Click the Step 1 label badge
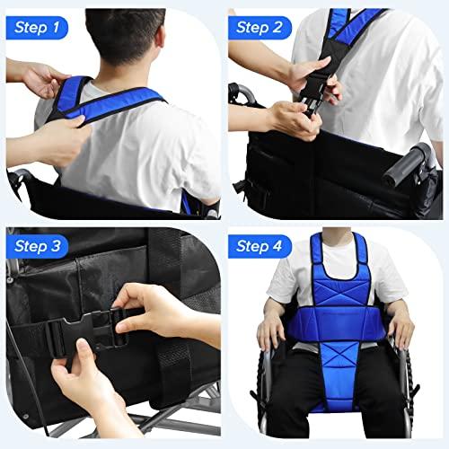click(x=37, y=28)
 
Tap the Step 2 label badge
click(x=260, y=28)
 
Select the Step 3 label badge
click(x=37, y=246)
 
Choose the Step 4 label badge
click(x=260, y=246)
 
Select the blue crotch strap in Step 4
click(x=339, y=377)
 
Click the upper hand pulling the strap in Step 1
click(x=45, y=79)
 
